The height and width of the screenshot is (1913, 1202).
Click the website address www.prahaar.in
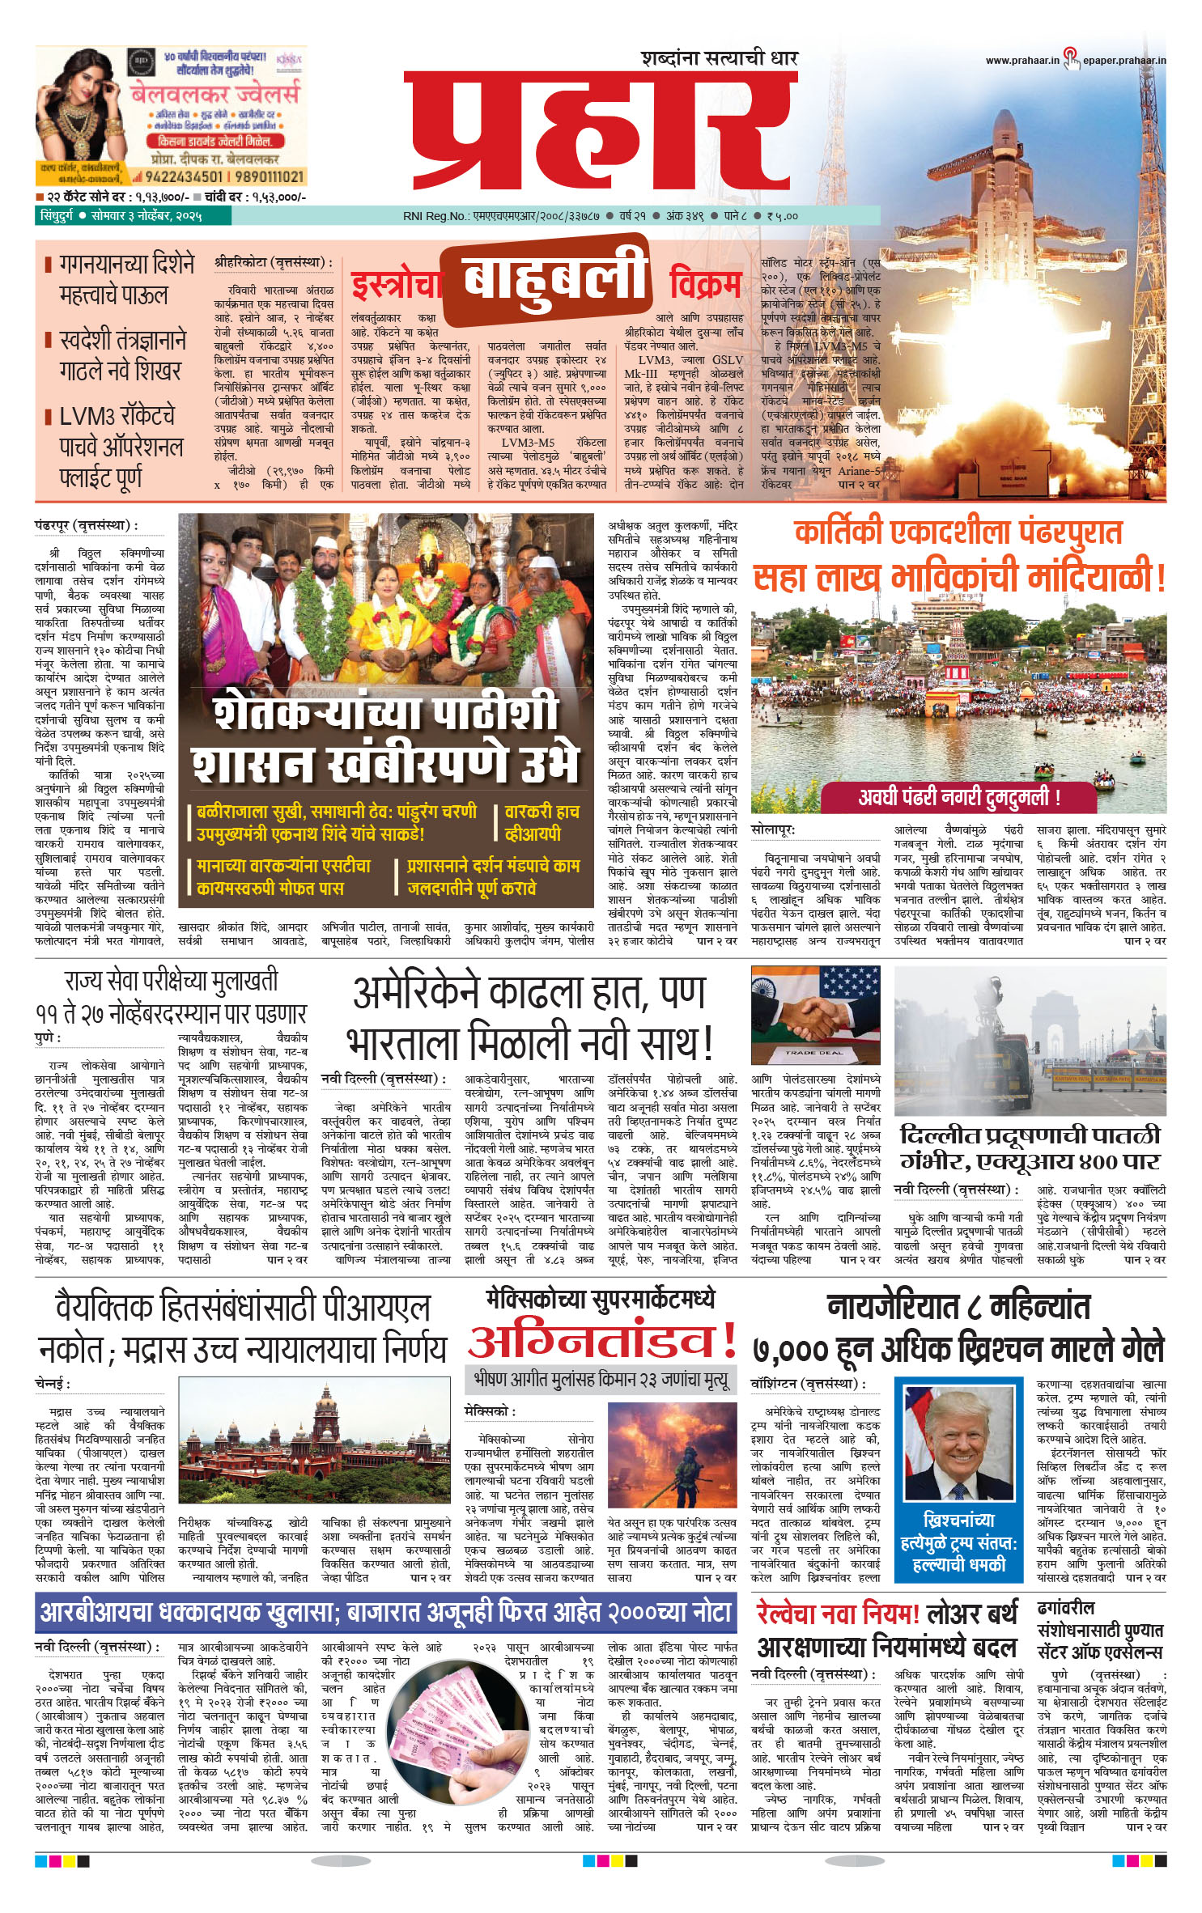click(x=1021, y=60)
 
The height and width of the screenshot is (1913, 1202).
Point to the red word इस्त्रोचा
click(x=396, y=286)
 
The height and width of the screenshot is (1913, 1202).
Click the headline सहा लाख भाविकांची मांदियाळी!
click(x=958, y=578)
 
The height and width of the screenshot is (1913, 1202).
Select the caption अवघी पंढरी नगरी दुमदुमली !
click(x=958, y=797)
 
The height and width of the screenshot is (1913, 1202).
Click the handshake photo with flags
click(x=815, y=1015)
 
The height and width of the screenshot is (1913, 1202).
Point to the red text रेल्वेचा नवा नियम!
click(x=838, y=1614)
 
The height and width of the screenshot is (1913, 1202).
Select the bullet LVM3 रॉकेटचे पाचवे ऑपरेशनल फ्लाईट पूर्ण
click(x=119, y=447)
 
